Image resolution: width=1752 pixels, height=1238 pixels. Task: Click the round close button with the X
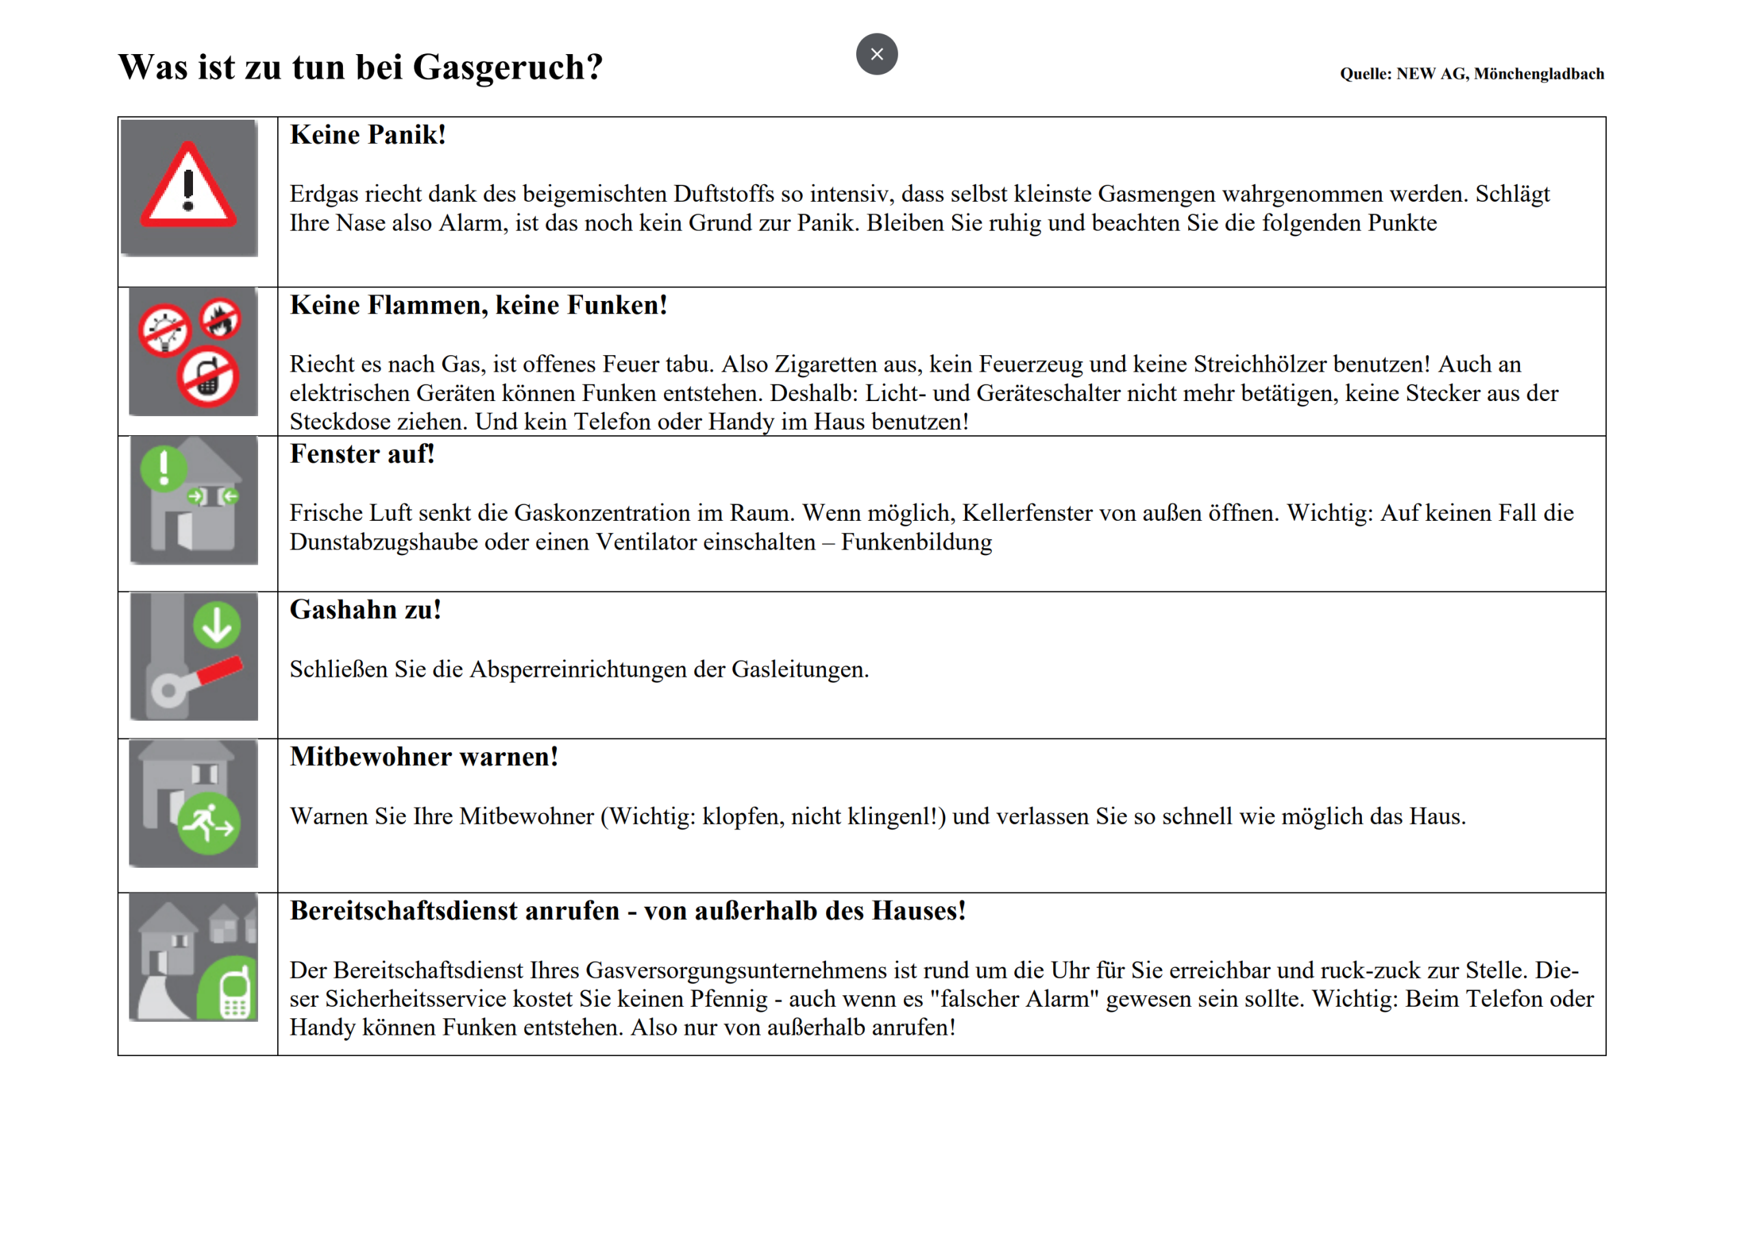point(876,54)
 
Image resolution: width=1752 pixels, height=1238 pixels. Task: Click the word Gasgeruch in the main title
point(506,67)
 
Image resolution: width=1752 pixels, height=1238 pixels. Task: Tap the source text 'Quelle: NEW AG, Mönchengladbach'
point(1471,74)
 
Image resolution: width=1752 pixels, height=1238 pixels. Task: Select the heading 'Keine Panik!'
point(368,135)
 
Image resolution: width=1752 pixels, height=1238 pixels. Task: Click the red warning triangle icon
point(188,186)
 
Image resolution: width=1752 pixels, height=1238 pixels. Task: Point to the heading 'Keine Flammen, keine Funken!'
point(478,305)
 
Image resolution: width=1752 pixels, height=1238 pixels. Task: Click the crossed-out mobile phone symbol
point(208,377)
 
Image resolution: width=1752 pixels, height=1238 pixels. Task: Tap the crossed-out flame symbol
point(220,319)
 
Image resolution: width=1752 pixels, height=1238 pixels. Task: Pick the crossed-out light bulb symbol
point(164,331)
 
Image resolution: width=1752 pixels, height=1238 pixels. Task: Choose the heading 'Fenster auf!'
point(362,454)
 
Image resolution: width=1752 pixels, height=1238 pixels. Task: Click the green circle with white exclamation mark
point(164,468)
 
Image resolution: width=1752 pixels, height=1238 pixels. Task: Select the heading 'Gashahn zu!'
point(365,610)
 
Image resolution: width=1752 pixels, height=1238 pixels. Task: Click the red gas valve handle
point(219,670)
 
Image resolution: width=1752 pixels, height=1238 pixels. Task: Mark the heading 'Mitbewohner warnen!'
point(424,757)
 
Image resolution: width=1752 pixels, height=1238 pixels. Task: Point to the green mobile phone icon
point(233,992)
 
